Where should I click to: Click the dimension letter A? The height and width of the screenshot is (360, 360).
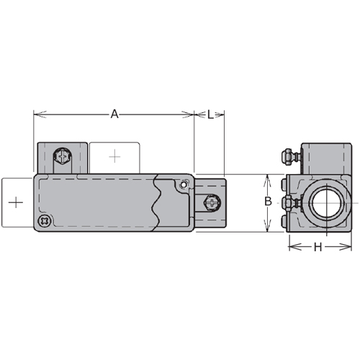[114, 114]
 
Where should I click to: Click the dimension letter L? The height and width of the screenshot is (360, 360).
[210, 114]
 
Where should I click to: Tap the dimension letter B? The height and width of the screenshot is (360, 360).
[268, 201]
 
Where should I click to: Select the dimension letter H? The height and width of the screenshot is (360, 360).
[318, 247]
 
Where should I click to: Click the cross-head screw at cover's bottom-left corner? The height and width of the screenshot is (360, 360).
[45, 220]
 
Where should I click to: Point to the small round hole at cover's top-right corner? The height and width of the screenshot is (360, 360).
[184, 185]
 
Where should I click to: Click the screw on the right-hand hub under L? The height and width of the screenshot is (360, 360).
[212, 203]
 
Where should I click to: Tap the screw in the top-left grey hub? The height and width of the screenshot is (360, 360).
[63, 156]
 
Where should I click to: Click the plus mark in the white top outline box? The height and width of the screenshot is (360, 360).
[114, 157]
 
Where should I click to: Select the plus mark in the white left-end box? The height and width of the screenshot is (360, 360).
[16, 203]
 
